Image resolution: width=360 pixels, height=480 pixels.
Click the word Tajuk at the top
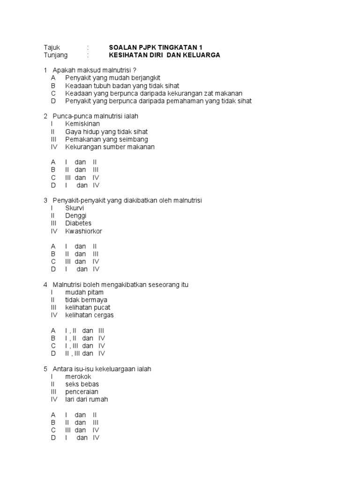click(52, 47)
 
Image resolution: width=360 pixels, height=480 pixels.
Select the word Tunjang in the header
click(55, 55)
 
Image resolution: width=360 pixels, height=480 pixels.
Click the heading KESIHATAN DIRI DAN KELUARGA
click(164, 55)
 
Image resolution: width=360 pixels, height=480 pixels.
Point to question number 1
click(45, 70)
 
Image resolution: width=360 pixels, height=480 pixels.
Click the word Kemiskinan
click(82, 124)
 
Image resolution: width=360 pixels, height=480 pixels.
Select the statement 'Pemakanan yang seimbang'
click(106, 139)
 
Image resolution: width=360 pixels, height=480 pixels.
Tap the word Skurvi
click(75, 208)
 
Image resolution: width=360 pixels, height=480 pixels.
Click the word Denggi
click(76, 216)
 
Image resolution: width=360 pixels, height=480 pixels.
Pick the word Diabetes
click(78, 223)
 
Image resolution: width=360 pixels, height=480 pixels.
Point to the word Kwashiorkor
click(83, 231)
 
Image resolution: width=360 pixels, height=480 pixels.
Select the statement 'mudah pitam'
click(84, 292)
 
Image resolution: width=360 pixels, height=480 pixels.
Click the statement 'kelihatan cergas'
click(89, 315)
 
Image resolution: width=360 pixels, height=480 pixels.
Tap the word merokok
click(78, 376)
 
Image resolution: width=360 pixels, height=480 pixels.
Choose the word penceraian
click(82, 392)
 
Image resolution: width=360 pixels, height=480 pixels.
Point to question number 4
click(45, 285)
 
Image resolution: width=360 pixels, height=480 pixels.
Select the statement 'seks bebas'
click(82, 384)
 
